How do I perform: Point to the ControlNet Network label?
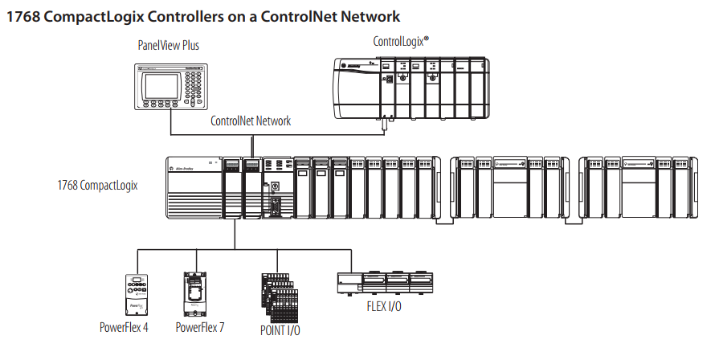[x=251, y=121]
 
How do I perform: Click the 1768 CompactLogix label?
[x=97, y=186]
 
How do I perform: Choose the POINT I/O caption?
[x=281, y=329]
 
